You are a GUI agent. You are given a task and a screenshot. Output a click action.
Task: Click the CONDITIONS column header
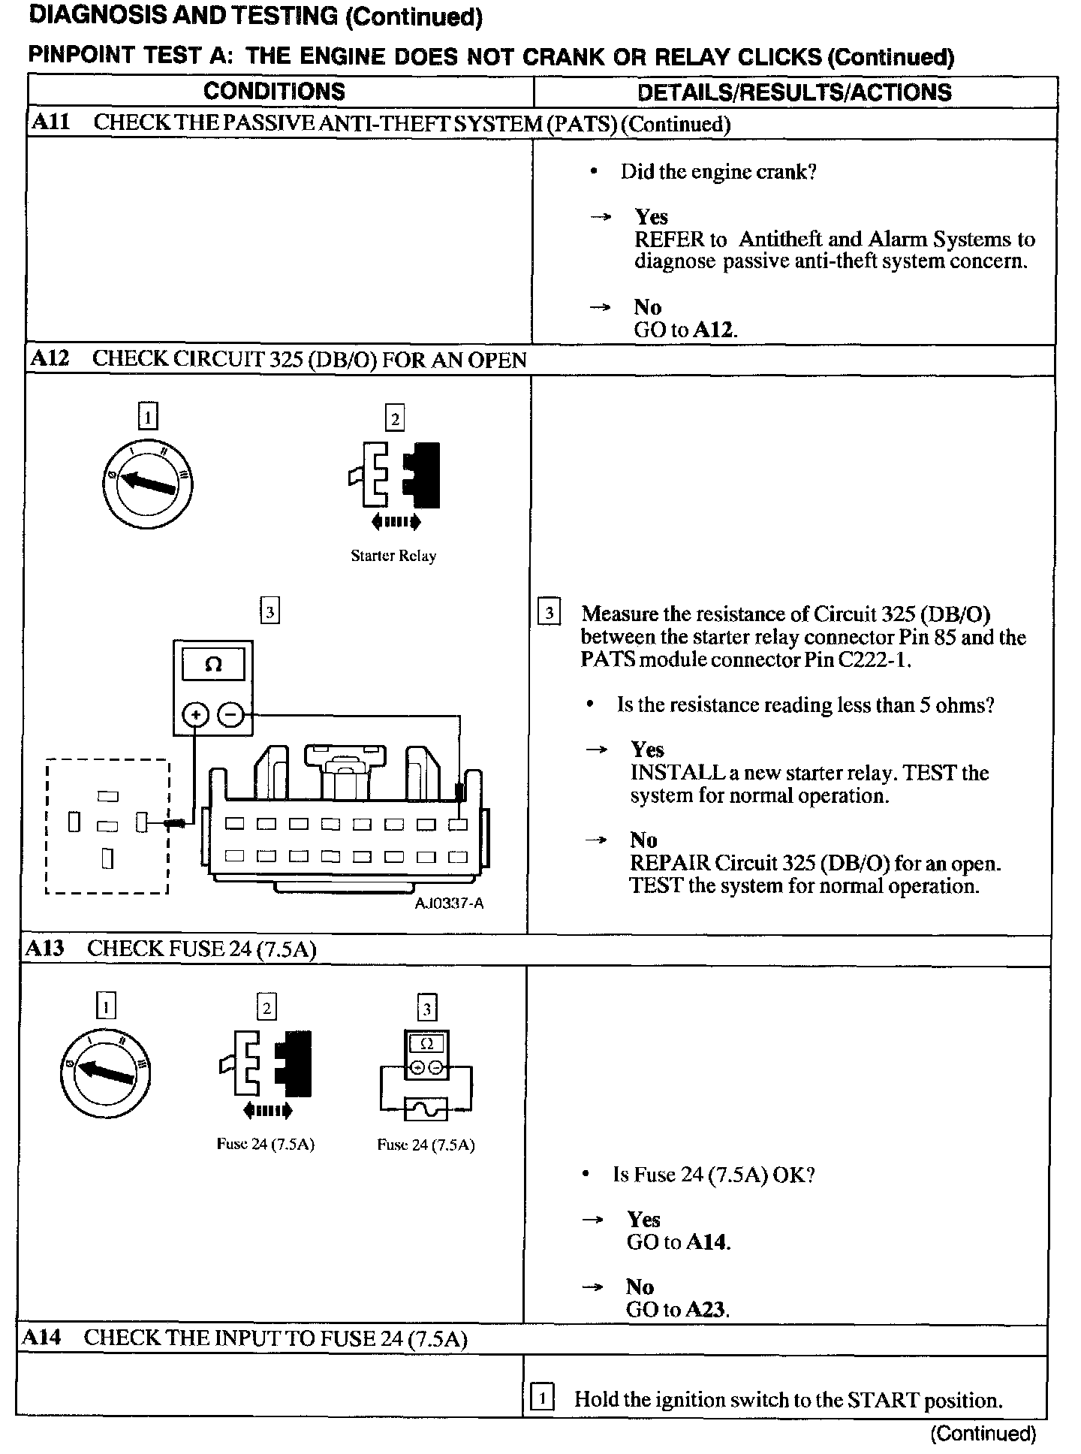pyautogui.click(x=274, y=92)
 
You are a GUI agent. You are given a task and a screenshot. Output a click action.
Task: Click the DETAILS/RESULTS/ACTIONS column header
pyautogui.click(x=794, y=92)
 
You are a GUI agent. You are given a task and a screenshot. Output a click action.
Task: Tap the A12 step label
pyautogui.click(x=49, y=358)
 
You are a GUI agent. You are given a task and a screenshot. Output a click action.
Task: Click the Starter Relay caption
pyautogui.click(x=393, y=557)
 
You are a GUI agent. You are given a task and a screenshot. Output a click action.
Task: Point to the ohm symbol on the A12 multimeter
pyautogui.click(x=213, y=665)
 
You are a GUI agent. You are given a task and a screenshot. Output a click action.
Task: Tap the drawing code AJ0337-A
pyautogui.click(x=450, y=903)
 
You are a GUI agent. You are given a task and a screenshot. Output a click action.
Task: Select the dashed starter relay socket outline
pyautogui.click(x=107, y=826)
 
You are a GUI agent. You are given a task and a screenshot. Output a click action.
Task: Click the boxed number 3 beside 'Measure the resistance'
pyautogui.click(x=550, y=614)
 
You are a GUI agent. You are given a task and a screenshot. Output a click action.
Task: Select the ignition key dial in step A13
pyautogui.click(x=106, y=1072)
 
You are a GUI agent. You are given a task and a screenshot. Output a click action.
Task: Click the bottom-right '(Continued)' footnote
pyautogui.click(x=983, y=1434)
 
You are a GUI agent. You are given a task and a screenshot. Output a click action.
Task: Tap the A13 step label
pyautogui.click(x=44, y=949)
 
